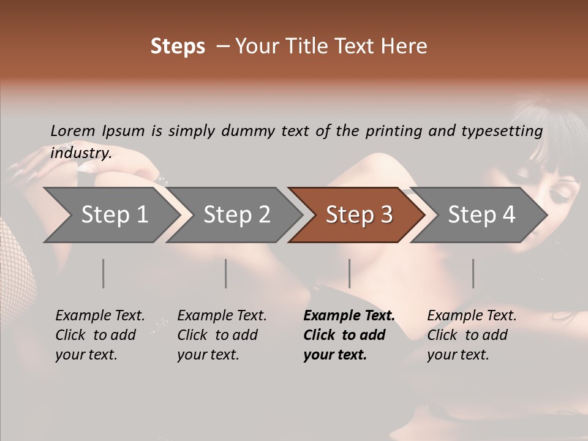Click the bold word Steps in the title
point(178,47)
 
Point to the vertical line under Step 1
point(104,273)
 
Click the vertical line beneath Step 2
point(226,273)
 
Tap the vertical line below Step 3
point(349,273)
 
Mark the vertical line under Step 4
point(473,273)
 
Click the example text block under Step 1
point(100,335)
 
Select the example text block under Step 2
point(222,335)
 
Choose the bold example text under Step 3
point(349,335)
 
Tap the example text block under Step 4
point(472,335)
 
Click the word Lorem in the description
point(72,130)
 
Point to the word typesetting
point(507,131)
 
